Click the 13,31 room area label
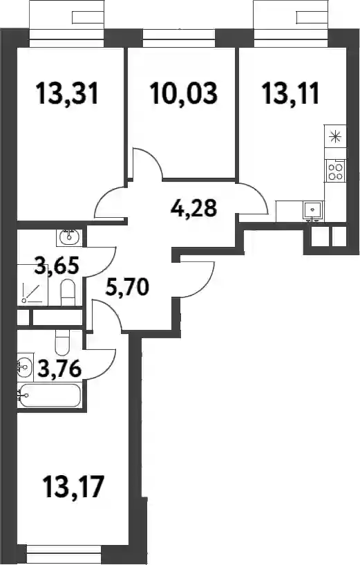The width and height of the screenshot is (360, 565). (67, 93)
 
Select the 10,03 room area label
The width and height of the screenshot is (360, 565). (184, 93)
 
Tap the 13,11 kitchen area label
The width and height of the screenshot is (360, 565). (291, 93)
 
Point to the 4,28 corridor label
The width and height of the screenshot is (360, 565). (193, 207)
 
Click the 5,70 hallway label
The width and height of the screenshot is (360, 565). (127, 287)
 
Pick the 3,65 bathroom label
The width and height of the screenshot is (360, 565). (57, 267)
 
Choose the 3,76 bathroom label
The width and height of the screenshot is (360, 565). (59, 369)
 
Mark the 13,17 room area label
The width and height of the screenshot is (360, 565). (73, 486)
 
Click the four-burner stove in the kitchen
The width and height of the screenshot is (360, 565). (335, 171)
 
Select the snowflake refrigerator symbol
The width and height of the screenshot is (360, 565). (335, 137)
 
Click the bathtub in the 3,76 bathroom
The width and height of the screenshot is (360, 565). (50, 396)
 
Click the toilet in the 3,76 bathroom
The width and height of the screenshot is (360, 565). (62, 343)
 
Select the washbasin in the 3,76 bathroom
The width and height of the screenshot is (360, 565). (25, 367)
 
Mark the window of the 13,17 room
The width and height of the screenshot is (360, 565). (64, 552)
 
